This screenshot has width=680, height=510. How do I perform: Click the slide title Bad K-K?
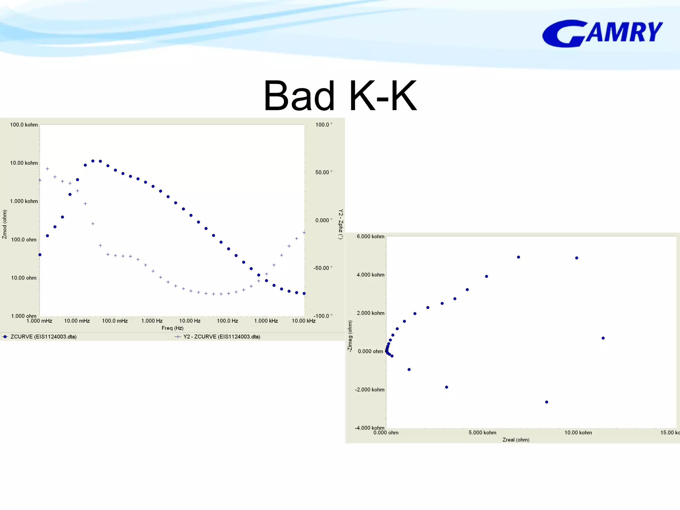pos(340,96)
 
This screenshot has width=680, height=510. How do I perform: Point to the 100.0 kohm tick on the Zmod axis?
pos(24,125)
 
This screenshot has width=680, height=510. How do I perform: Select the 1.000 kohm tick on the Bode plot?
pos(24,201)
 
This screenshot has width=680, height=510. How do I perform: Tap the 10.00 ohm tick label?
pos(24,278)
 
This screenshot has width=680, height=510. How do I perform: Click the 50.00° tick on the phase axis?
pos(322,172)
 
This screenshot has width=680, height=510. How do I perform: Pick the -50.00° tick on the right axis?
pos(321,268)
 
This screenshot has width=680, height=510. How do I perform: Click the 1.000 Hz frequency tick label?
pos(152,321)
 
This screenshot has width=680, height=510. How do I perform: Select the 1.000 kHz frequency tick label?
pos(266,321)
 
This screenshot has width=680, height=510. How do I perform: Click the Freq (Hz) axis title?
pos(172,328)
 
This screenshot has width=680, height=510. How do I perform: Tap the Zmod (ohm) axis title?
pos(5,224)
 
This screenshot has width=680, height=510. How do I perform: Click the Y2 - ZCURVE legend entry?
pos(221,337)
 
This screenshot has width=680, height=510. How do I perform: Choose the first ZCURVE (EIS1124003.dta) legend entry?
pos(43,337)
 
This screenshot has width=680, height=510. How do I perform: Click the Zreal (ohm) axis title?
pos(516,440)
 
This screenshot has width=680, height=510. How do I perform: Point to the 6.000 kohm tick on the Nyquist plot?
pos(370,236)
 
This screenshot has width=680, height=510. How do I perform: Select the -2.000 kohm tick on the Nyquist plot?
pos(370,390)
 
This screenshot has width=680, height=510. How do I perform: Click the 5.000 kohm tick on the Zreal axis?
pos(482,433)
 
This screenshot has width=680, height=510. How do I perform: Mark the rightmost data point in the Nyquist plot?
pos(603,338)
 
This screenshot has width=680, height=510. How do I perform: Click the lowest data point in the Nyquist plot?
pos(547,402)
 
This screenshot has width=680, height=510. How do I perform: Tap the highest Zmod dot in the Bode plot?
pos(93,161)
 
